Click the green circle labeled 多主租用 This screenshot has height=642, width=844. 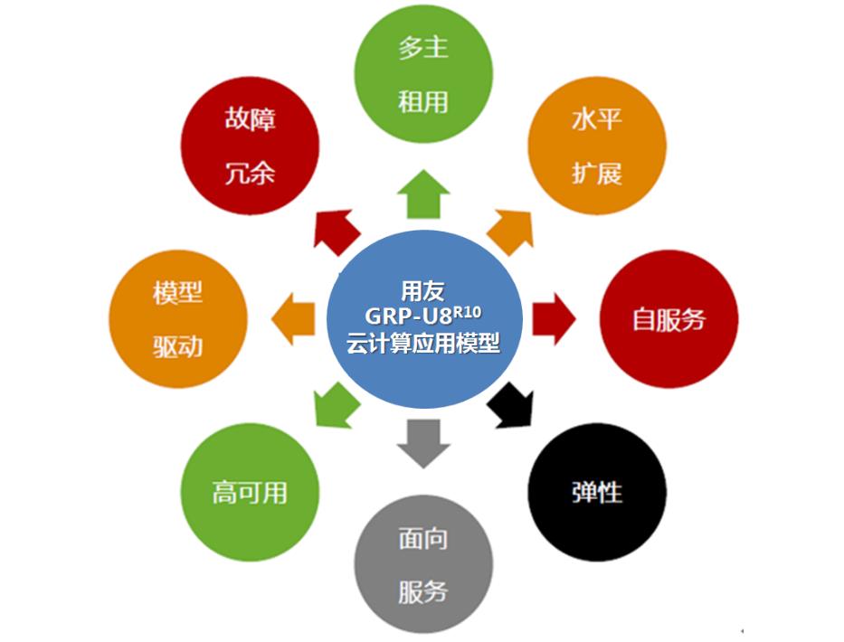423,73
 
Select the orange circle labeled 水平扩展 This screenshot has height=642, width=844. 597,146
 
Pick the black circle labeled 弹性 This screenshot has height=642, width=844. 597,492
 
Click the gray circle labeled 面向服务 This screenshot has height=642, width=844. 423,565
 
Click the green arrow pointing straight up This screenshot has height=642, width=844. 423,194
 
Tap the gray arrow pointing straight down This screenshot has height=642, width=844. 423,443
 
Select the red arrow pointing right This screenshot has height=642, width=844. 553,319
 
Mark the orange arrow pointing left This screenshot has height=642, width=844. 294,319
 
